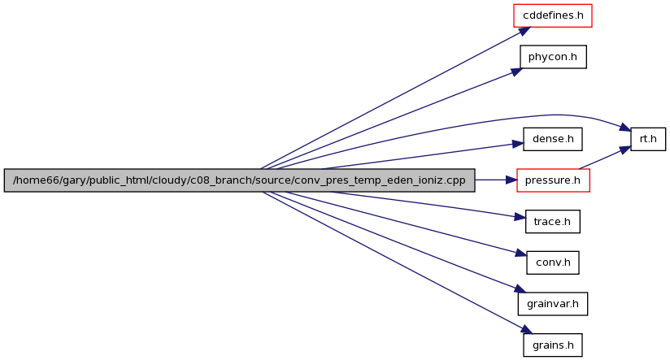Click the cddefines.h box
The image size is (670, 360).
pos(552,15)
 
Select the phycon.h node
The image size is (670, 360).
pos(553,57)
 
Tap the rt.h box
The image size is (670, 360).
pos(648,139)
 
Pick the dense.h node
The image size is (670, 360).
pos(552,139)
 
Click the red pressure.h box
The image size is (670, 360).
pos(553,180)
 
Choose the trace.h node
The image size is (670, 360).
pos(552,221)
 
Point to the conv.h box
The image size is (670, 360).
pos(553,262)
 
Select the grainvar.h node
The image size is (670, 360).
pos(552,304)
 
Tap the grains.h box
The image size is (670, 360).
pos(552,345)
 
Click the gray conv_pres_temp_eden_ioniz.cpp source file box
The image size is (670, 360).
pos(239,180)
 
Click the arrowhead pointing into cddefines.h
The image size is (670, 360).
pos(524,32)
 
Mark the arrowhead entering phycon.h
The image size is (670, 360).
pos(516,72)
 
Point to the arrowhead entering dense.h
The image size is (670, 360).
pos(518,145)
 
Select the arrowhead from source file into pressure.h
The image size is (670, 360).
pos(511,180)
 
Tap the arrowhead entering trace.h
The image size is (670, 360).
pos(520,217)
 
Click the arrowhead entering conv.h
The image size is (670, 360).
pos(521,254)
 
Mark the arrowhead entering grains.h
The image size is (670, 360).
pos(526,330)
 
